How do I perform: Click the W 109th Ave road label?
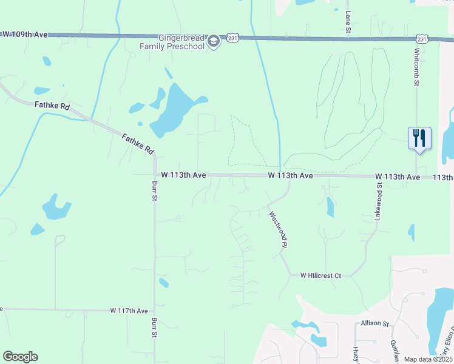(x=25, y=35)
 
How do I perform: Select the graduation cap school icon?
(x=213, y=41)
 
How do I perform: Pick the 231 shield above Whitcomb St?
(x=422, y=39)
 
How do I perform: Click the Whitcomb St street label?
(x=418, y=67)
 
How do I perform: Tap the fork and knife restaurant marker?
(x=419, y=138)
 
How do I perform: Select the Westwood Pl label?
(x=277, y=228)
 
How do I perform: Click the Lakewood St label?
(x=378, y=201)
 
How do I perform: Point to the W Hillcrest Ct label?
(x=321, y=275)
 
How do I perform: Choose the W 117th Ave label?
(x=129, y=311)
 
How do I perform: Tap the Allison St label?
(x=374, y=324)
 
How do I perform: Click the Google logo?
(x=20, y=357)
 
